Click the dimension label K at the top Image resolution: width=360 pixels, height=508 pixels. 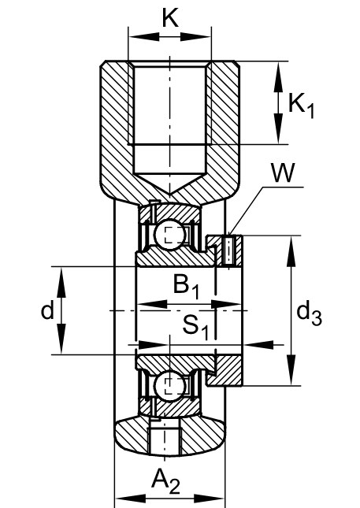[170, 18]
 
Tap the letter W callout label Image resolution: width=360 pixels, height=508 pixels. [284, 172]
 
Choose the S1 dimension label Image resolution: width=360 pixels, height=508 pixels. [195, 327]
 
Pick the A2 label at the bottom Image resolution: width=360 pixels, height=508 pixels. [165, 480]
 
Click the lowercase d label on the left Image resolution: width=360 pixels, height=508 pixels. [47, 311]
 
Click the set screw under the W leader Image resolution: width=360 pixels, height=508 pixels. [229, 250]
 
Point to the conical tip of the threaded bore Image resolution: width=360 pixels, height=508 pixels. [169, 195]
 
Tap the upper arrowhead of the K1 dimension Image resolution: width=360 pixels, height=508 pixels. [278, 77]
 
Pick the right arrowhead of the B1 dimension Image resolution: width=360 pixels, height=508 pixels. [226, 305]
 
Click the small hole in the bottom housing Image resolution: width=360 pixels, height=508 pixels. [165, 440]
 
